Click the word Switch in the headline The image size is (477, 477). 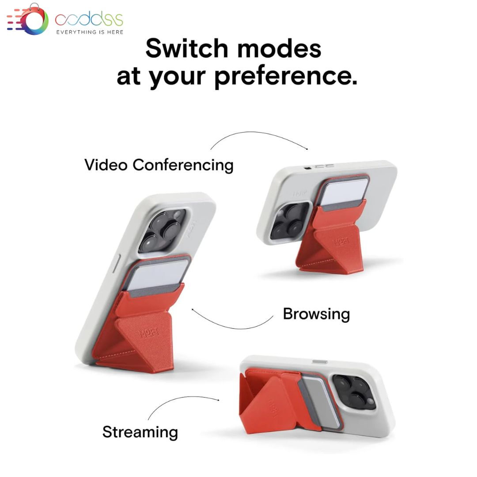click(187, 49)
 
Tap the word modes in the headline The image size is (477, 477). click(279, 49)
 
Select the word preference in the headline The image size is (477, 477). click(286, 77)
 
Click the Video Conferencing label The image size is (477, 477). click(159, 165)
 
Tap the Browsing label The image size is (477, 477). click(316, 314)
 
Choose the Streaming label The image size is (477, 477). click(140, 432)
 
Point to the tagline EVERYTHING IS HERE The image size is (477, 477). click(90, 32)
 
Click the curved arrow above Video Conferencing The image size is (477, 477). click(258, 134)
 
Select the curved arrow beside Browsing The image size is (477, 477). click(231, 328)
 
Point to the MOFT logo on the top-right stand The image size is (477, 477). click(341, 242)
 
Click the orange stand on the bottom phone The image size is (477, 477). click(274, 401)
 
